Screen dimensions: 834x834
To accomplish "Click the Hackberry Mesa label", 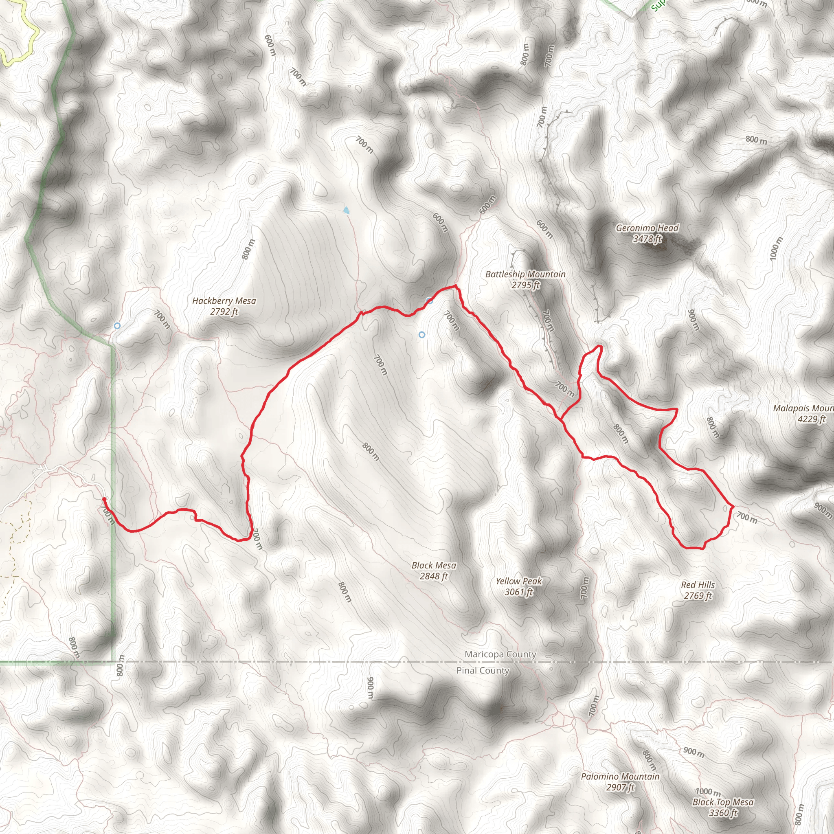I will pos(224,301).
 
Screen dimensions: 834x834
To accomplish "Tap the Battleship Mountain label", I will pos(525,274).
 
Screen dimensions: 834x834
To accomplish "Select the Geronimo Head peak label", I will pos(647,228).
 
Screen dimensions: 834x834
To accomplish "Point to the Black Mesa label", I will pos(433,566).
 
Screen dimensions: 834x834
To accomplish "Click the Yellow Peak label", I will pos(518,582).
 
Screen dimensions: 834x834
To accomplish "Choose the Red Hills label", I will pos(698,585).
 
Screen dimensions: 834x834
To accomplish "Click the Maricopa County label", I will pos(500,654).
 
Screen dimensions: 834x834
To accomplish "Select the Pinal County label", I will pos(483,670).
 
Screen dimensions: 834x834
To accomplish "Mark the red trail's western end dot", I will pos(104,499).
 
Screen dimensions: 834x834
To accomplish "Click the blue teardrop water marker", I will pos(346,210).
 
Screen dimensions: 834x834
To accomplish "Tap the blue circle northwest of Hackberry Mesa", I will pos(117,325).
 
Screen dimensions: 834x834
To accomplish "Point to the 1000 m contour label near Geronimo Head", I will pos(776,248).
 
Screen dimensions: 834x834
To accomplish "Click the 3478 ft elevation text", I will pos(647,239).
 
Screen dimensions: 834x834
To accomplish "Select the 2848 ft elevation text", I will pos(433,576).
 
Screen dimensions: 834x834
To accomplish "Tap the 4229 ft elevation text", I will pos(812,419).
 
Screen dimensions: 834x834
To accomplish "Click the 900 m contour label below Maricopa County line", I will pos(370,688).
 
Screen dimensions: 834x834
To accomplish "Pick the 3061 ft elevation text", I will pos(518,592).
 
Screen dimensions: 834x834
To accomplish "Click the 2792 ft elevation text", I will pos(224,312).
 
